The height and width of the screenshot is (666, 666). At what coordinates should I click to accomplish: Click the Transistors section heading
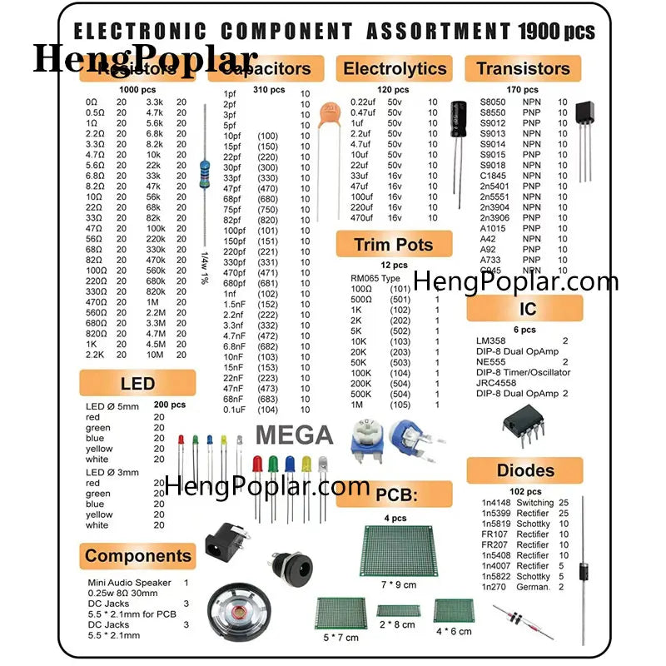coord(523,68)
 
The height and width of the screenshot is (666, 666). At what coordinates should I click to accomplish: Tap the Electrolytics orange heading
coord(395,68)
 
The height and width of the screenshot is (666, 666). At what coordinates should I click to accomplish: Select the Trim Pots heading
coord(394,244)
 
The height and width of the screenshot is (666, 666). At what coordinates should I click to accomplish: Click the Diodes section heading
coord(525,470)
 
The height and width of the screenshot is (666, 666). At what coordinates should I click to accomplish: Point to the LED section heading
coord(137,383)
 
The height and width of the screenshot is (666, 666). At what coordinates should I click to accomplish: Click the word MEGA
coord(294,435)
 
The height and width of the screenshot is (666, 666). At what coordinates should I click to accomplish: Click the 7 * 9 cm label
coord(398,584)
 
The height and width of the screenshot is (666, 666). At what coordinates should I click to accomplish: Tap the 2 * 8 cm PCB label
coord(396,624)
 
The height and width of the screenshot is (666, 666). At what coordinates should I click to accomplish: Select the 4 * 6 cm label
coord(454,631)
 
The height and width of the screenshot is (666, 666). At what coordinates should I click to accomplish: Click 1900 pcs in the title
coord(557,32)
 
